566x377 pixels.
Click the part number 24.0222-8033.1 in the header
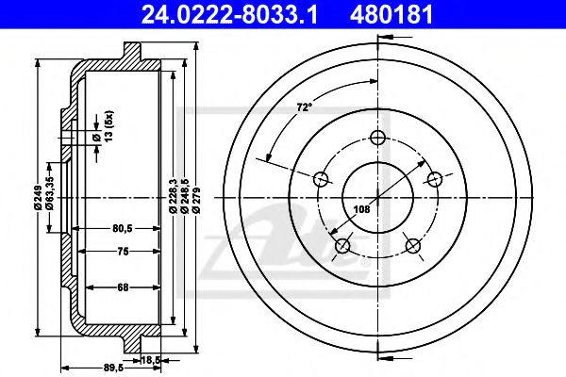229,15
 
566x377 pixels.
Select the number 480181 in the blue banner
391,15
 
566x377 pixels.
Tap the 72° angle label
305,107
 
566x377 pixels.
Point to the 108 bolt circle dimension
361,209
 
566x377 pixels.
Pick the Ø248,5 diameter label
186,195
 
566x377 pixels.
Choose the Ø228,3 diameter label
174,195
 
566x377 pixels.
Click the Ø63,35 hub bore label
50,193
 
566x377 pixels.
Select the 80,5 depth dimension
123,228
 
